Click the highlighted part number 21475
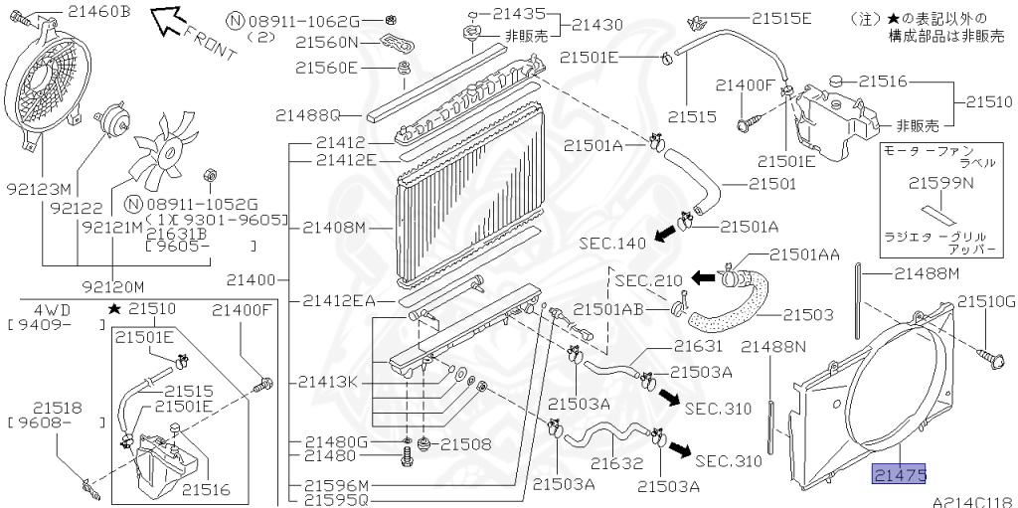(x=900, y=475)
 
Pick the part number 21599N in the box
(x=939, y=182)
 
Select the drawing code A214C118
(x=972, y=500)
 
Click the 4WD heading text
(x=46, y=308)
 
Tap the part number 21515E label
(x=781, y=18)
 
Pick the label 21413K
(x=327, y=381)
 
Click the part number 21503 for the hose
(x=807, y=315)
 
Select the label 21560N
(x=325, y=43)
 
